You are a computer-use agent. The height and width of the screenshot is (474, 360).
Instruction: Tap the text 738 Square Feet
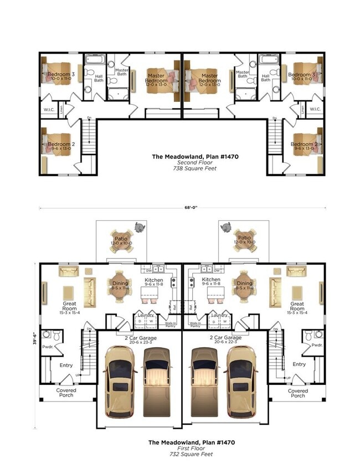tap(195, 168)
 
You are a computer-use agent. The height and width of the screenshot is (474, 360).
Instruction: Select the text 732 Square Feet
tap(192, 454)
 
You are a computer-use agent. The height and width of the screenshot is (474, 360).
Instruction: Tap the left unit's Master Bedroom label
tap(156, 78)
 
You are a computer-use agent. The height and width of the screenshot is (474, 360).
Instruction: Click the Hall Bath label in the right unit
tap(266, 78)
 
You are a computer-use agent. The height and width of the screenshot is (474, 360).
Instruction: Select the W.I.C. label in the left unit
tap(49, 110)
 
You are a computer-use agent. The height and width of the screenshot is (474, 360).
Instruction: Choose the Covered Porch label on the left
tap(66, 393)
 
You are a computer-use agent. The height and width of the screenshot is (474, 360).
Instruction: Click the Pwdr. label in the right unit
tap(317, 344)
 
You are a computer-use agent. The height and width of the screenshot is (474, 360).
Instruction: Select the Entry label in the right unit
tap(299, 364)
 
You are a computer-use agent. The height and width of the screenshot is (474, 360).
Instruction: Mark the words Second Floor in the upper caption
tap(195, 162)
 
